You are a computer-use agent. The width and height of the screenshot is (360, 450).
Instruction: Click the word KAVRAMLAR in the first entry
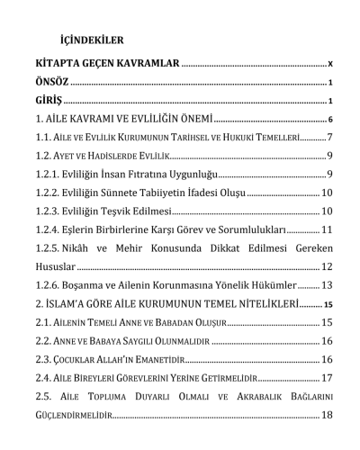pyautogui.click(x=149, y=65)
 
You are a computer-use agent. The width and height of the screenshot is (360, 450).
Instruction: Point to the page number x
pyautogui.click(x=331, y=66)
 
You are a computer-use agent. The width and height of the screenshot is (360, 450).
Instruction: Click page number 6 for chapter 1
pyautogui.click(x=331, y=119)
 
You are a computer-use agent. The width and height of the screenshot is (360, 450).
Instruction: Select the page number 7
pyautogui.click(x=330, y=138)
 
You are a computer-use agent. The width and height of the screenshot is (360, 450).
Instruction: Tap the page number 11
pyautogui.click(x=327, y=229)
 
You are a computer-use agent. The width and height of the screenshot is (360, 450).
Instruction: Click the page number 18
pyautogui.click(x=327, y=415)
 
